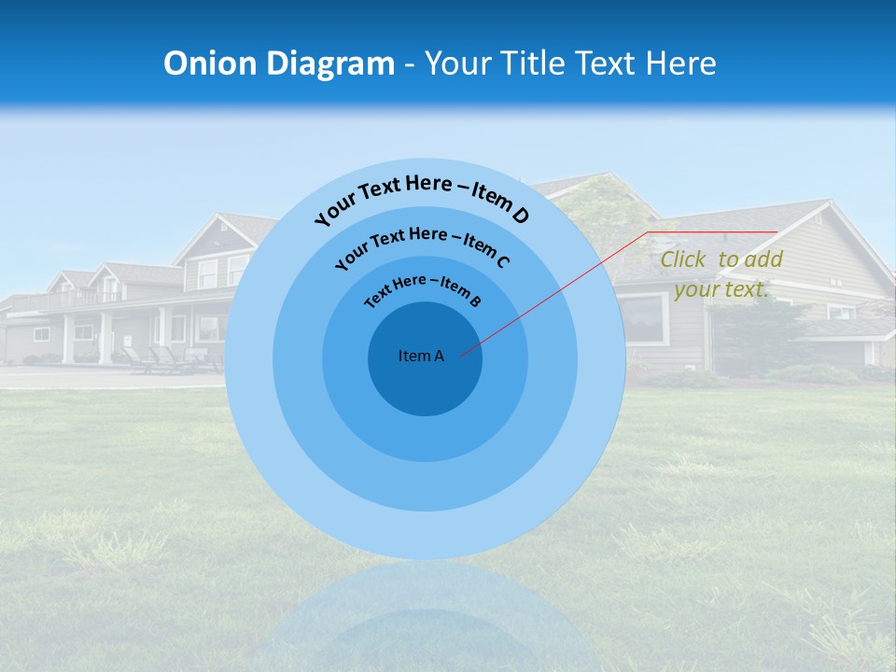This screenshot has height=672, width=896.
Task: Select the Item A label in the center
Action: click(x=421, y=356)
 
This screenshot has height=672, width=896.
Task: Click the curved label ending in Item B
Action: click(x=423, y=288)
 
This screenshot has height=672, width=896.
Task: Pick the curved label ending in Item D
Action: click(x=422, y=198)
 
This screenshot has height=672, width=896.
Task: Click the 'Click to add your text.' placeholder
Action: click(x=721, y=274)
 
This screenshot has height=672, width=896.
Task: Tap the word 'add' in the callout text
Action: click(x=764, y=259)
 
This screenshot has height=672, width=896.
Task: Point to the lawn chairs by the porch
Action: click(x=163, y=359)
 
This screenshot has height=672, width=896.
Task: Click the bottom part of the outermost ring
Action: click(x=425, y=537)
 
